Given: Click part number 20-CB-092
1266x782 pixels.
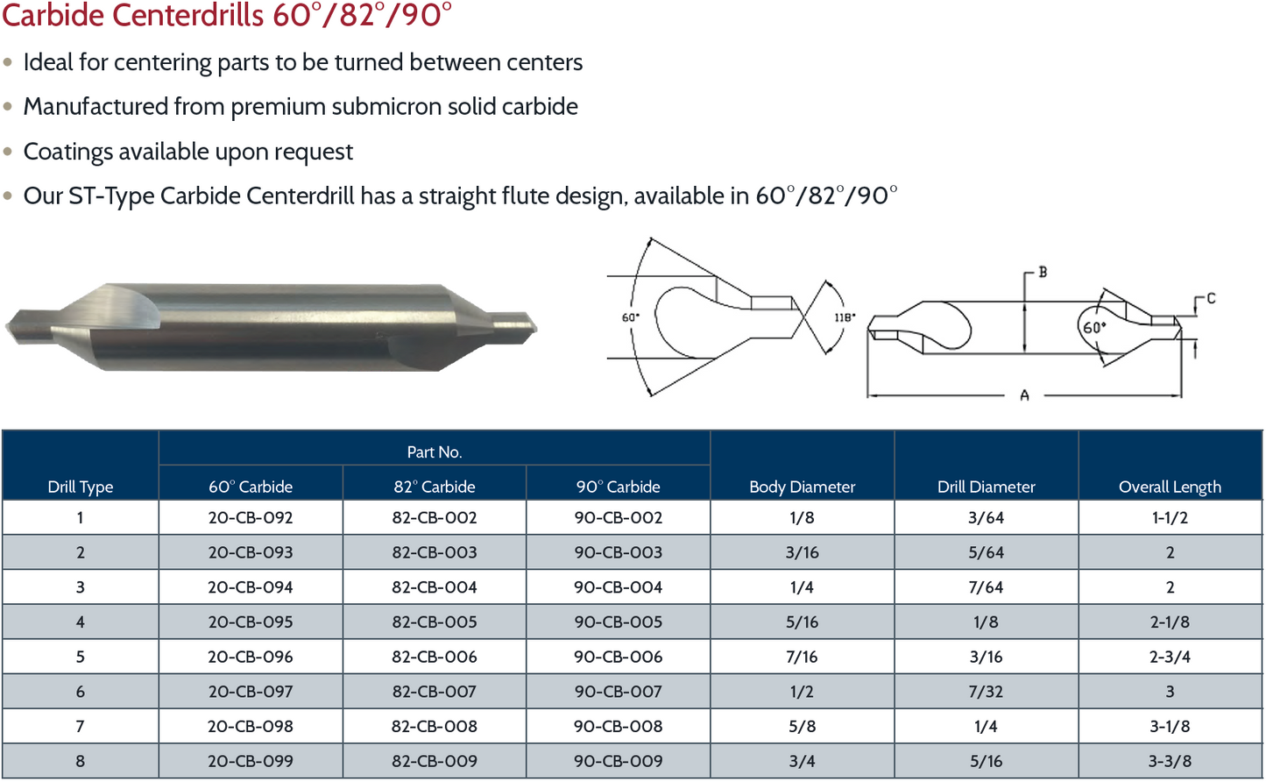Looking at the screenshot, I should pos(251,517).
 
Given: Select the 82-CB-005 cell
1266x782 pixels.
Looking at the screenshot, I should pos(435,622).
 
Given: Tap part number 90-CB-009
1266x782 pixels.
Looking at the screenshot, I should pos(618,761).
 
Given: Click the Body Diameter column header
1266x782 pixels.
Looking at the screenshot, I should pos(802,487).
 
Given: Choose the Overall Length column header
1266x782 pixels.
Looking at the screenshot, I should pos(1170,487).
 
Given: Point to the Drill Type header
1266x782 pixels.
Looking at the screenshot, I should pos(81,487).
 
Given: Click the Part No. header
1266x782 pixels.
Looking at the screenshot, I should pos(435,451).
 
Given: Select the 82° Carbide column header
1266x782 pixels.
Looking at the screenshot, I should pos(435,487).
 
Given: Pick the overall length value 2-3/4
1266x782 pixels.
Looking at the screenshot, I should pos(1170,657).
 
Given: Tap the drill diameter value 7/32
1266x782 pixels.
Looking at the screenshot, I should pos(986,692).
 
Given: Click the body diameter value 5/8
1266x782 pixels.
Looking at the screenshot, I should pos(802,726).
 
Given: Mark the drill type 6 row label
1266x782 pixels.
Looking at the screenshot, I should pos(81,692).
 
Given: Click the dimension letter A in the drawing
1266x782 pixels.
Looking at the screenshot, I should pos(1024,396).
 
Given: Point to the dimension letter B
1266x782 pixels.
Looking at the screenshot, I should pos(1043,273).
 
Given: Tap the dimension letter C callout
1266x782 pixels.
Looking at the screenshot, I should pos(1211,299).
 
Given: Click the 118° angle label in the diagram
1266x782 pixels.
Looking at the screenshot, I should pos(845,317).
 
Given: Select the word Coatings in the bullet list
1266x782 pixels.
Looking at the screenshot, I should pos(67,152).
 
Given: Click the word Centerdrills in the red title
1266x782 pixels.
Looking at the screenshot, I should pos(199,15).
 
